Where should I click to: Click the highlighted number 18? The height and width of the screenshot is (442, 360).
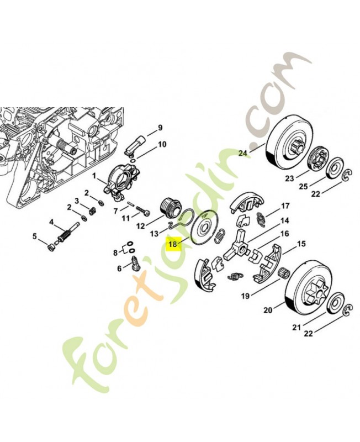pyautogui.click(x=173, y=243)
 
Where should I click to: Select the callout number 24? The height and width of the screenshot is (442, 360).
pyautogui.click(x=243, y=154)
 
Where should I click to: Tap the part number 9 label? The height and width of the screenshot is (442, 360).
pyautogui.click(x=160, y=128)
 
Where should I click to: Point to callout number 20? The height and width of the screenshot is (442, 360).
pyautogui.click(x=268, y=311)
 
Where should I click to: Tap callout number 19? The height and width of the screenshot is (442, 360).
pyautogui.click(x=245, y=296)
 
